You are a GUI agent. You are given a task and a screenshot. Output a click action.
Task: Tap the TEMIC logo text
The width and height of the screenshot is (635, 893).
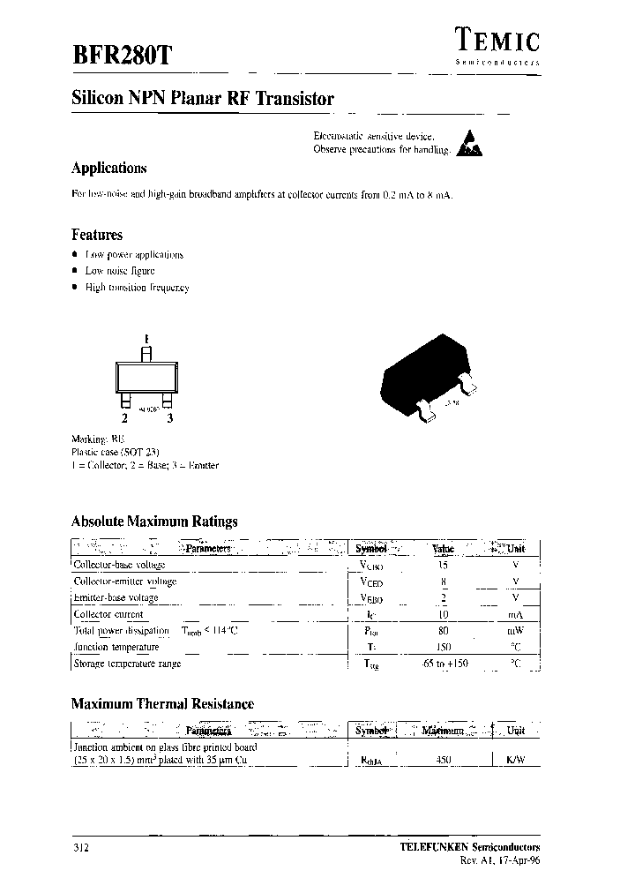click(497, 38)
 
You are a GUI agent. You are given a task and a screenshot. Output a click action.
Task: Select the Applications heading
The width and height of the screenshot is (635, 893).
click(108, 168)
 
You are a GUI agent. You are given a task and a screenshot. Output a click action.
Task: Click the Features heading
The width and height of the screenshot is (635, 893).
click(96, 235)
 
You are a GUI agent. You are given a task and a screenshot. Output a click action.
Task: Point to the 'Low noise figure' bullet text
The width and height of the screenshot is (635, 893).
click(120, 271)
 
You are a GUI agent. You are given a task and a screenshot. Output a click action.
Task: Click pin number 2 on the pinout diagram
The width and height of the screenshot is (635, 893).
click(125, 419)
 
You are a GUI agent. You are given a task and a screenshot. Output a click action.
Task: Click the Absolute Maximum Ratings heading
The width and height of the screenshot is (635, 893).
click(153, 522)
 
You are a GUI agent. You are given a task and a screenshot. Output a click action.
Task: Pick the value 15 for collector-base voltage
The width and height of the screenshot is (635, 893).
click(443, 565)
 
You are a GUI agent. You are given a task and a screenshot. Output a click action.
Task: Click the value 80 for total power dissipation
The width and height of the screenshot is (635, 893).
click(443, 631)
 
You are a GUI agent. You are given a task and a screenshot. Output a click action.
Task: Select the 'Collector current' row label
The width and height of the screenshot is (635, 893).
click(108, 614)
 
